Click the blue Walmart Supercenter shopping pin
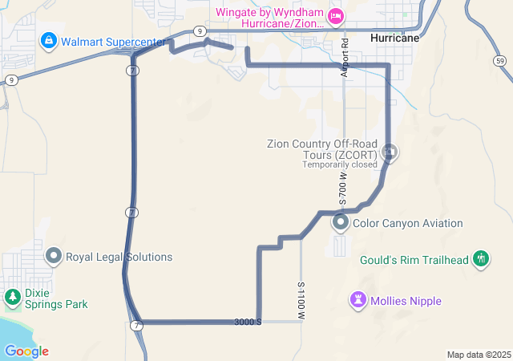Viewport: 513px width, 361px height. pos(48,39)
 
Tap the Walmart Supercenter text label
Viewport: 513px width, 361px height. pos(113,41)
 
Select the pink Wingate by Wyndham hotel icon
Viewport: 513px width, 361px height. pos(336,14)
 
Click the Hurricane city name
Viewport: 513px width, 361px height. pos(395,38)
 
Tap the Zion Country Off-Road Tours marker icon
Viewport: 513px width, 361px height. pos(390,151)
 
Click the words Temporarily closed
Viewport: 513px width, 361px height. pos(339,164)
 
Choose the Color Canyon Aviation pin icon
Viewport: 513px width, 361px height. pos(341,222)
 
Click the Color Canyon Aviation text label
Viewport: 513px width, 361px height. pos(408,223)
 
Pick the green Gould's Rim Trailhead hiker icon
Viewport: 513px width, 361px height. pos(481,258)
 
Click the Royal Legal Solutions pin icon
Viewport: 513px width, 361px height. pos(54,257)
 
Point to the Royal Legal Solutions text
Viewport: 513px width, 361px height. pos(119,258)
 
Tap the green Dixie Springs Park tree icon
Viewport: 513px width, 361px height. pos(13,298)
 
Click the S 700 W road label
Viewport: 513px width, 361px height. pos(343,185)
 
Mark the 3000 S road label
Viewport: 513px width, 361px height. pos(248,322)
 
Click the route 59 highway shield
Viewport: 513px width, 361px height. pos(499,61)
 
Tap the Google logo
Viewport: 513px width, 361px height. pos(26,351)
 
